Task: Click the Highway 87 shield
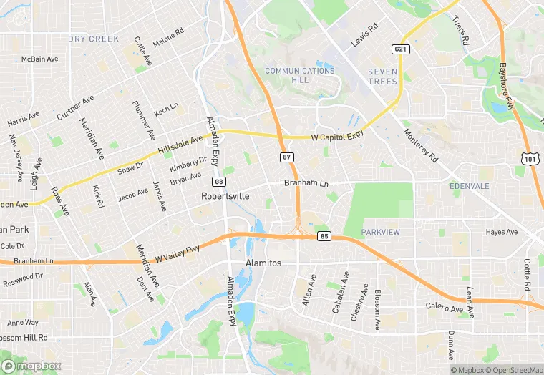click(286, 157)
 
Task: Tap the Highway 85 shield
click(325, 235)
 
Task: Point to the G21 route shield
click(401, 49)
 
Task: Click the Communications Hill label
click(300, 75)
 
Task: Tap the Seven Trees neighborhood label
click(382, 77)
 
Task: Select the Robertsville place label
click(225, 195)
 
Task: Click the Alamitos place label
click(263, 263)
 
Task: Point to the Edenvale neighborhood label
click(469, 185)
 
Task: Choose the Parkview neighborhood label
click(381, 233)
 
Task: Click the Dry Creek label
click(93, 39)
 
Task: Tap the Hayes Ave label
click(501, 232)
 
